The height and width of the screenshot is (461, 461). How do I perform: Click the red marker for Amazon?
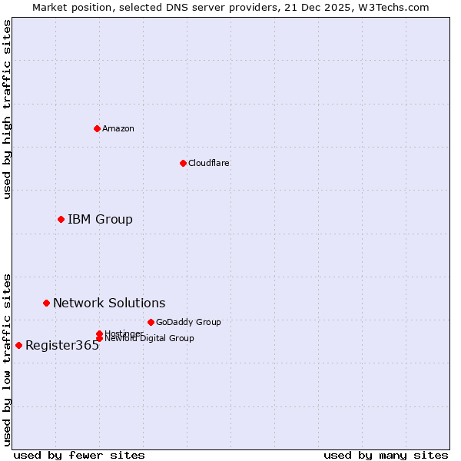97,128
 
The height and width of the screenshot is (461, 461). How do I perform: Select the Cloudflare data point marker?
183,163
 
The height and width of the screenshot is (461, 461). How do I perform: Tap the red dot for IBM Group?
61,220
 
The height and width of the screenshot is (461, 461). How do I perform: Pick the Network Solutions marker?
46,303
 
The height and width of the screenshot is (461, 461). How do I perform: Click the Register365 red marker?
18,345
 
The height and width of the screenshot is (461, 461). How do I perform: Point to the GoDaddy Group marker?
151,322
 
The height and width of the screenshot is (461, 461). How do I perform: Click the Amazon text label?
118,128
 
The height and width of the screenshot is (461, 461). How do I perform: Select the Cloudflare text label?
209,163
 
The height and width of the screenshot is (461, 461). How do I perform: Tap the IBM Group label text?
100,220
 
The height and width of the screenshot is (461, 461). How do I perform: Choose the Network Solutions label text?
109,303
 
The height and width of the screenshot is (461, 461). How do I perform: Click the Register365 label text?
62,346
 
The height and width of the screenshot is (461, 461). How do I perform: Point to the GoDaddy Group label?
188,322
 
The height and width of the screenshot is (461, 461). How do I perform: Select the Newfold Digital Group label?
149,339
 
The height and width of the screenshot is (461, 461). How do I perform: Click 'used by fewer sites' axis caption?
79,455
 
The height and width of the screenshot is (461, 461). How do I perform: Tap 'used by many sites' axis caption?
386,455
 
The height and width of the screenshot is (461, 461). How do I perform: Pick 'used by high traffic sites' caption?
7,109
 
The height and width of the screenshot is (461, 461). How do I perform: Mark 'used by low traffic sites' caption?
7,359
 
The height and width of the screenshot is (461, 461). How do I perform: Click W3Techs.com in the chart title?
390,7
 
